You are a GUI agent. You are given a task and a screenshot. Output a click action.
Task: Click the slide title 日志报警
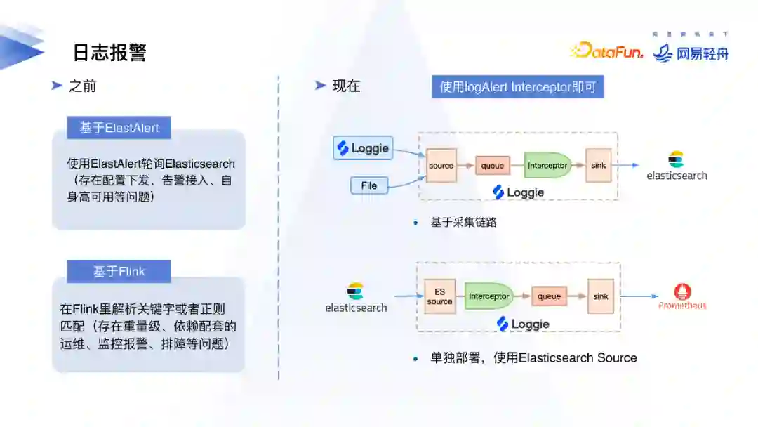tap(109, 53)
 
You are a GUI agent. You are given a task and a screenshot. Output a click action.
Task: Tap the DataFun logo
tap(607, 51)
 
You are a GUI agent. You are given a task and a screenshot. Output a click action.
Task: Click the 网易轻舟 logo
tap(691, 53)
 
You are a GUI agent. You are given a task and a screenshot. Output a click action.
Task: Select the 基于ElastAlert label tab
tap(119, 128)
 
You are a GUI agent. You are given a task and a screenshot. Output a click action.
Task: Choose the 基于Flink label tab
tap(119, 271)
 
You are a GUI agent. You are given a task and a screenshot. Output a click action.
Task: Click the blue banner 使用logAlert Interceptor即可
tap(517, 87)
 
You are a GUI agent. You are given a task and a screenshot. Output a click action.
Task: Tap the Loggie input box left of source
tap(362, 148)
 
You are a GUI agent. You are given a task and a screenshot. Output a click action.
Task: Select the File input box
tap(369, 185)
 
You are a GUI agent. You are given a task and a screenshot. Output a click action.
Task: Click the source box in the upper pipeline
tap(441, 166)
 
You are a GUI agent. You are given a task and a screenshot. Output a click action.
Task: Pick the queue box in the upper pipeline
tap(492, 166)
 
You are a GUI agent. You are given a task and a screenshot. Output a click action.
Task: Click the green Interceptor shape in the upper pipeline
tap(547, 166)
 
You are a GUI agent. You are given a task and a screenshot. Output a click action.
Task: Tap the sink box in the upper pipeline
tap(598, 166)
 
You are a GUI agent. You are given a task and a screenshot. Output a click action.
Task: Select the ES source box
tap(439, 296)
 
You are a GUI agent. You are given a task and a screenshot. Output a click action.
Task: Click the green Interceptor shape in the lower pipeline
tap(488, 296)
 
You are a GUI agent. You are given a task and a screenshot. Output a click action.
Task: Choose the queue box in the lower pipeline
tap(549, 296)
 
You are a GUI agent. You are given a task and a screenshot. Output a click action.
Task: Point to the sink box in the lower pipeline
tap(601, 296)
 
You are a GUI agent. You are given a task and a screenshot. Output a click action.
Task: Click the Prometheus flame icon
tap(682, 291)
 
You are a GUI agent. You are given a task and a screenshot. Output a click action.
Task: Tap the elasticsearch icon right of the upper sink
tap(677, 159)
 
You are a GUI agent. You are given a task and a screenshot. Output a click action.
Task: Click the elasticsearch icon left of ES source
tap(355, 291)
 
